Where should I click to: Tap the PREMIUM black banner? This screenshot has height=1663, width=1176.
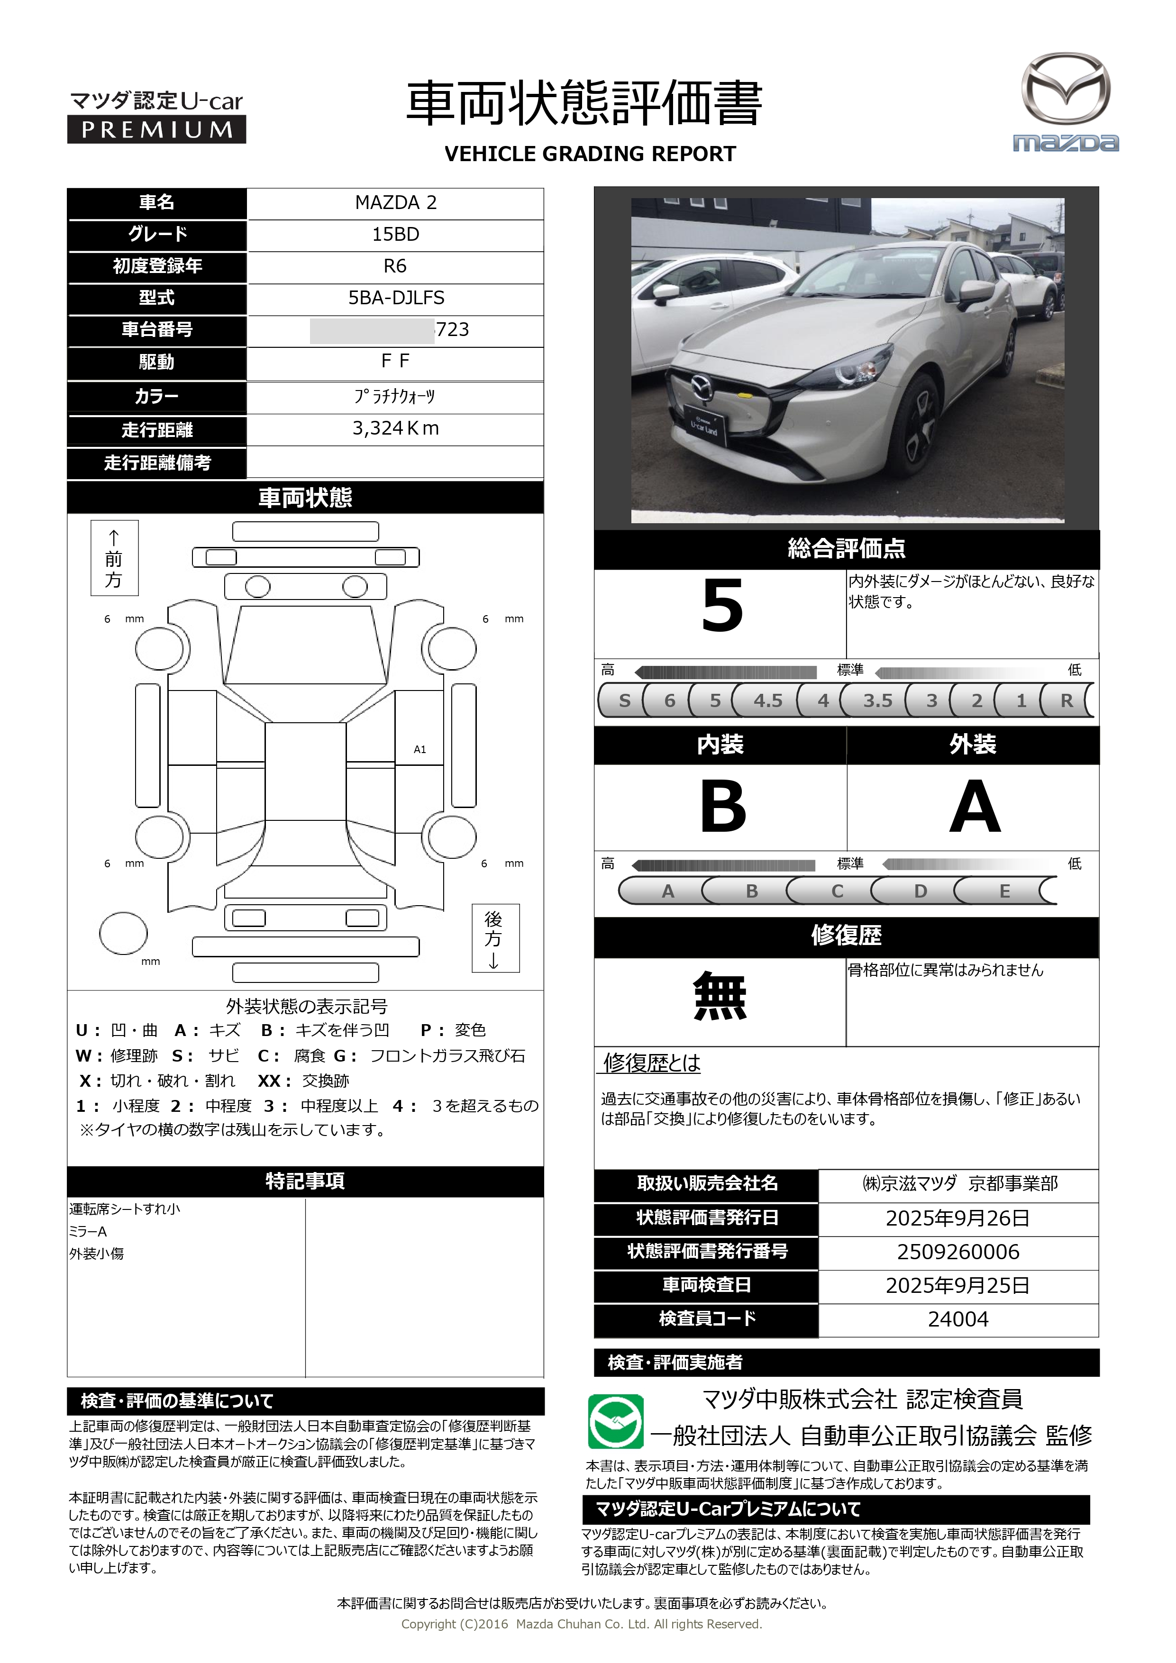[156, 130]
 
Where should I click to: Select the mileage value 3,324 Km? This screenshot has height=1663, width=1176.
[396, 429]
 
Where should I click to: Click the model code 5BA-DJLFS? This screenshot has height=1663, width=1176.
[396, 298]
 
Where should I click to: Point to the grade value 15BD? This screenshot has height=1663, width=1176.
[396, 235]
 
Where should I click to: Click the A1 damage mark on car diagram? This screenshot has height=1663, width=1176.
[419, 750]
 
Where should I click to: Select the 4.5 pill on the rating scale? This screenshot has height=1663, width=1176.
[767, 700]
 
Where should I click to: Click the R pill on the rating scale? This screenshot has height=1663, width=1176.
[1066, 700]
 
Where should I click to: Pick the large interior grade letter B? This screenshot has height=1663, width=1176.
[722, 807]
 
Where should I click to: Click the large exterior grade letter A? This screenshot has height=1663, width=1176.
[975, 807]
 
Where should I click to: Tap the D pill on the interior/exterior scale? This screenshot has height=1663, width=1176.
[920, 891]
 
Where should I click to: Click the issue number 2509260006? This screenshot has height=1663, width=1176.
[958, 1252]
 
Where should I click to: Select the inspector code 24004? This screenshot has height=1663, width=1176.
[958, 1319]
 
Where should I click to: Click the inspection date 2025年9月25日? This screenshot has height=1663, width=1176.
[958, 1286]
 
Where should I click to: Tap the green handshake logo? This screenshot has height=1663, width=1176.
[615, 1421]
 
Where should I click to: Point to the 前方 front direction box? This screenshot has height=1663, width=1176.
[114, 558]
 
